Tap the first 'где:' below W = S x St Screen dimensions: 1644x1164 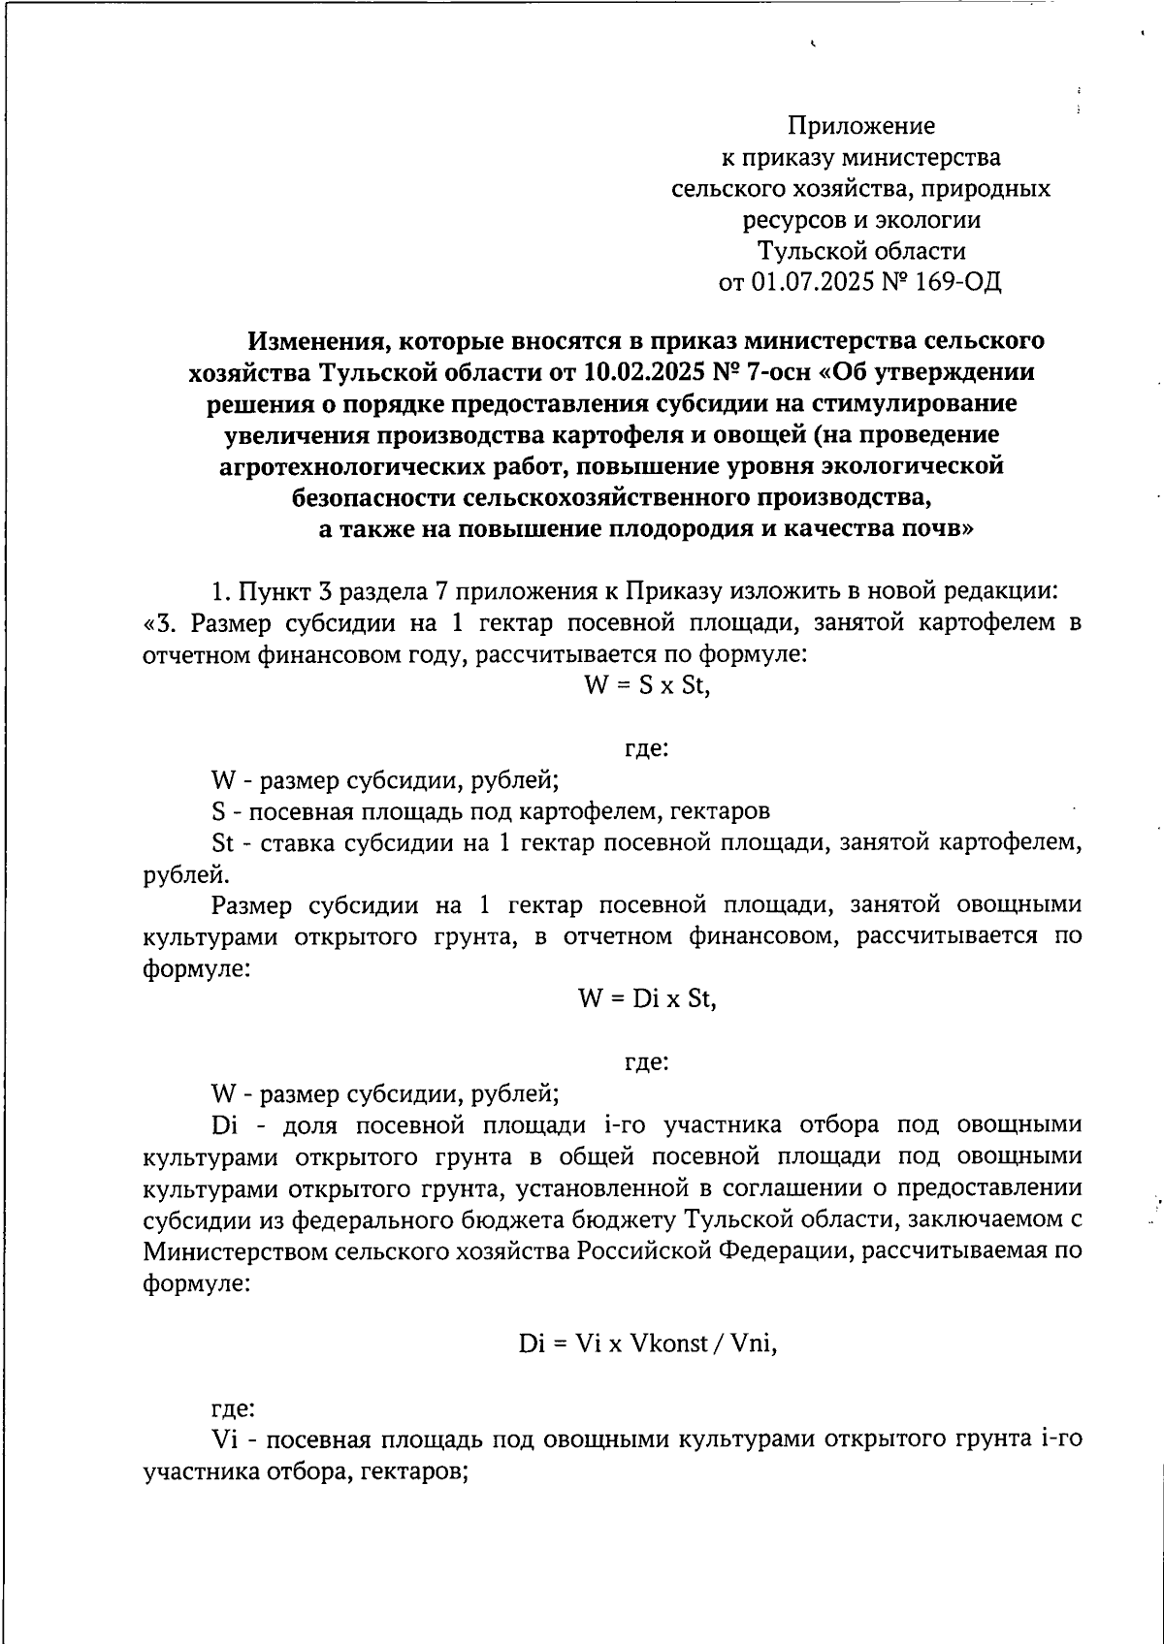645,748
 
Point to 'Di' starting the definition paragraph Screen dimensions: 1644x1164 224,1125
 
